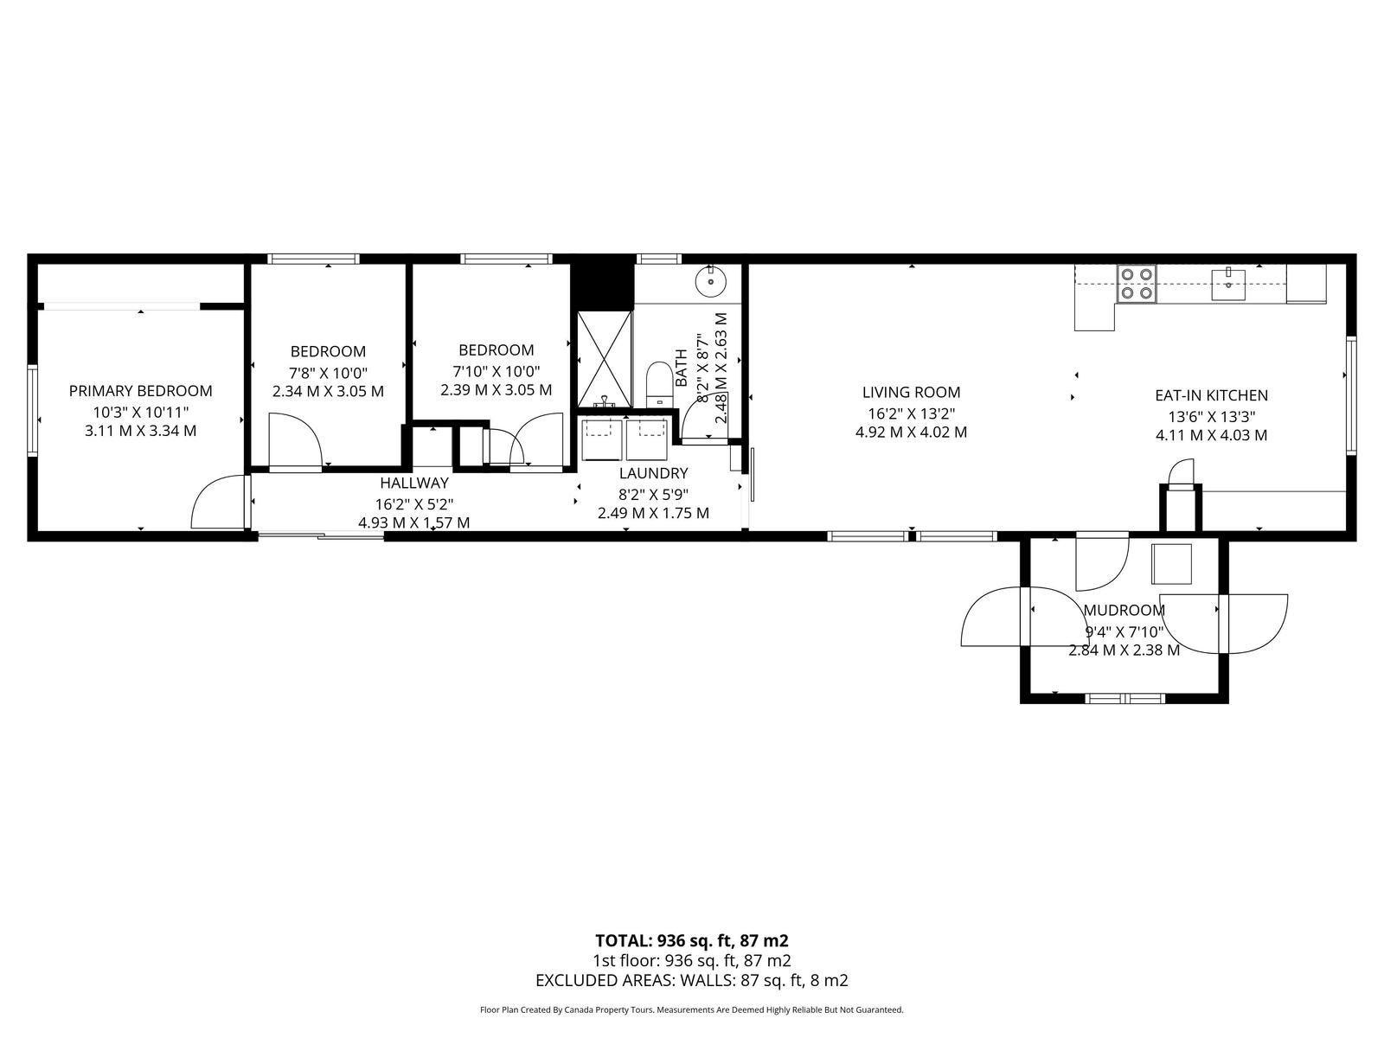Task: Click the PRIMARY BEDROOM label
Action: [x=141, y=391]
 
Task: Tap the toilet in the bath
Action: [x=659, y=384]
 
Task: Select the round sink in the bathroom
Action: [x=711, y=280]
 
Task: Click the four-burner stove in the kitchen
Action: [x=1137, y=284]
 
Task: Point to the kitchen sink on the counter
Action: [x=1228, y=285]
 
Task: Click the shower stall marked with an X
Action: [x=605, y=359]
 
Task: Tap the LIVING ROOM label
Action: [x=911, y=392]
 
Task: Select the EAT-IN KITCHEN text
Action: [x=1211, y=395]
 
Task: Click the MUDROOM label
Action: [x=1124, y=610]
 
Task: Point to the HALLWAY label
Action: [x=414, y=483]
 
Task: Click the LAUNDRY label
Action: [x=653, y=473]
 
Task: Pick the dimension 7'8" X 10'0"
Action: [x=328, y=372]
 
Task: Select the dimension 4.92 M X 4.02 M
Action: [x=911, y=432]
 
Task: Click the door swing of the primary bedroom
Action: [x=218, y=502]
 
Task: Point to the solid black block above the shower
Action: [x=602, y=282]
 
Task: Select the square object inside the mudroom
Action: [x=1171, y=564]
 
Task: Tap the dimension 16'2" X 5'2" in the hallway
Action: [x=414, y=504]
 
